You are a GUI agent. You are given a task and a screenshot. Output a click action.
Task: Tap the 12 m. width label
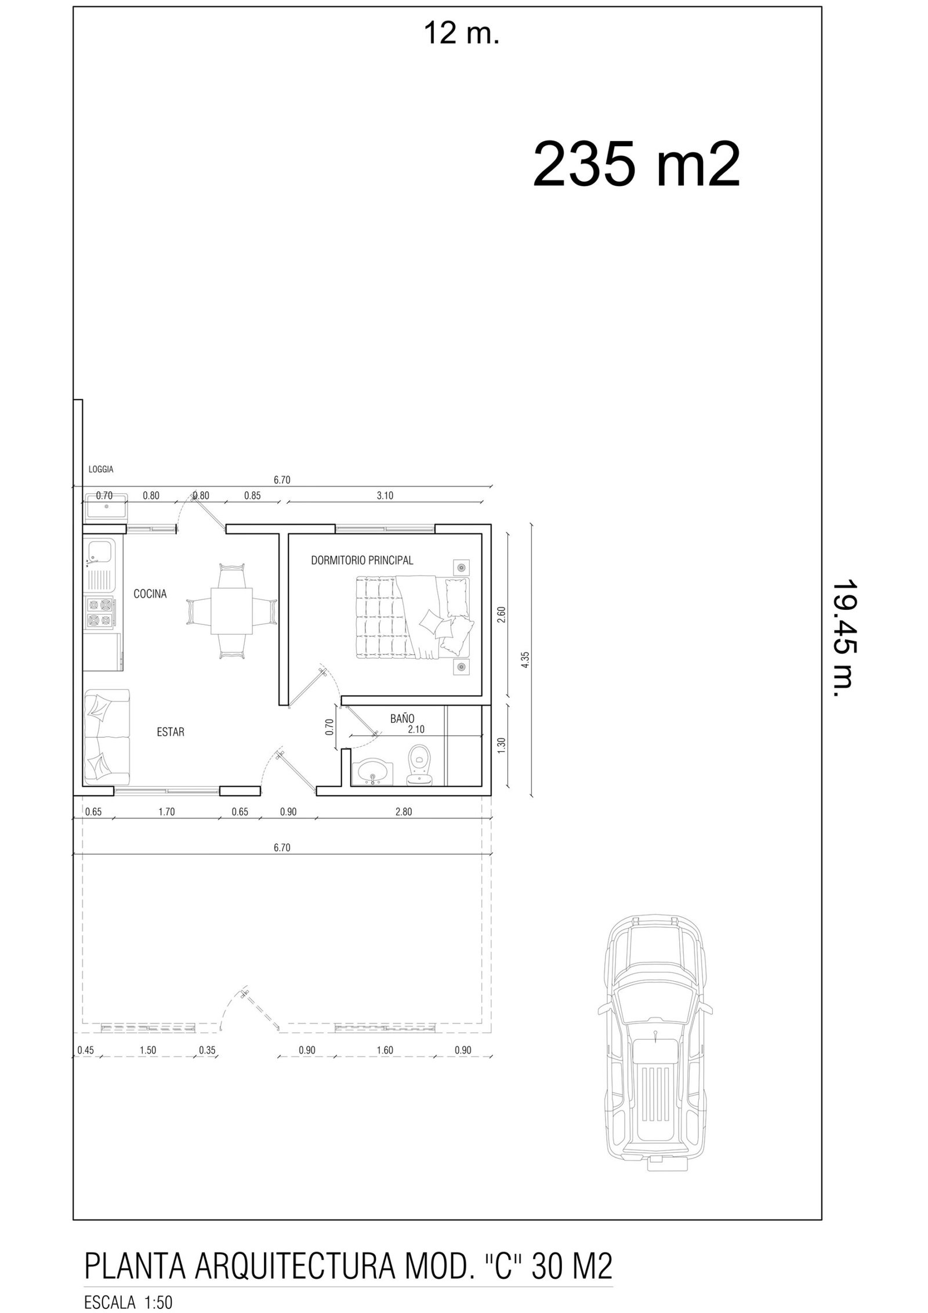462,34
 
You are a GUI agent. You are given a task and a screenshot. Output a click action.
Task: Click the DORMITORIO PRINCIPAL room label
362,560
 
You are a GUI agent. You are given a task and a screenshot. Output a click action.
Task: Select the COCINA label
150,594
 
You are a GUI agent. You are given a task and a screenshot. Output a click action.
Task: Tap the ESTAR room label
171,732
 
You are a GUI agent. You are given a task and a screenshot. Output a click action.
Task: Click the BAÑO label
402,718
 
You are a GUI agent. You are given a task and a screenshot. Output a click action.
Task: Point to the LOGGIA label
101,469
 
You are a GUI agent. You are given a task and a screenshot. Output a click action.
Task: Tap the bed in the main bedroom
413,617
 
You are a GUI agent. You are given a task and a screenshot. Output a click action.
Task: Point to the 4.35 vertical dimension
525,660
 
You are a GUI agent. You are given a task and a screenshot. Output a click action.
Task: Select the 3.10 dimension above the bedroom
385,495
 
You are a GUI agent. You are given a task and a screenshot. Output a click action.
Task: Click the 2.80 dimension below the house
403,812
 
